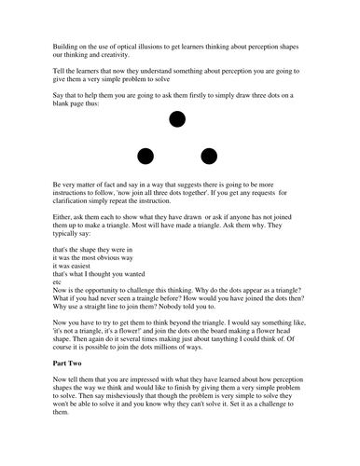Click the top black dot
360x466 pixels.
point(177,118)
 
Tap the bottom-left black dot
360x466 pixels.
point(145,155)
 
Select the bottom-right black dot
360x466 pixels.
point(209,155)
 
